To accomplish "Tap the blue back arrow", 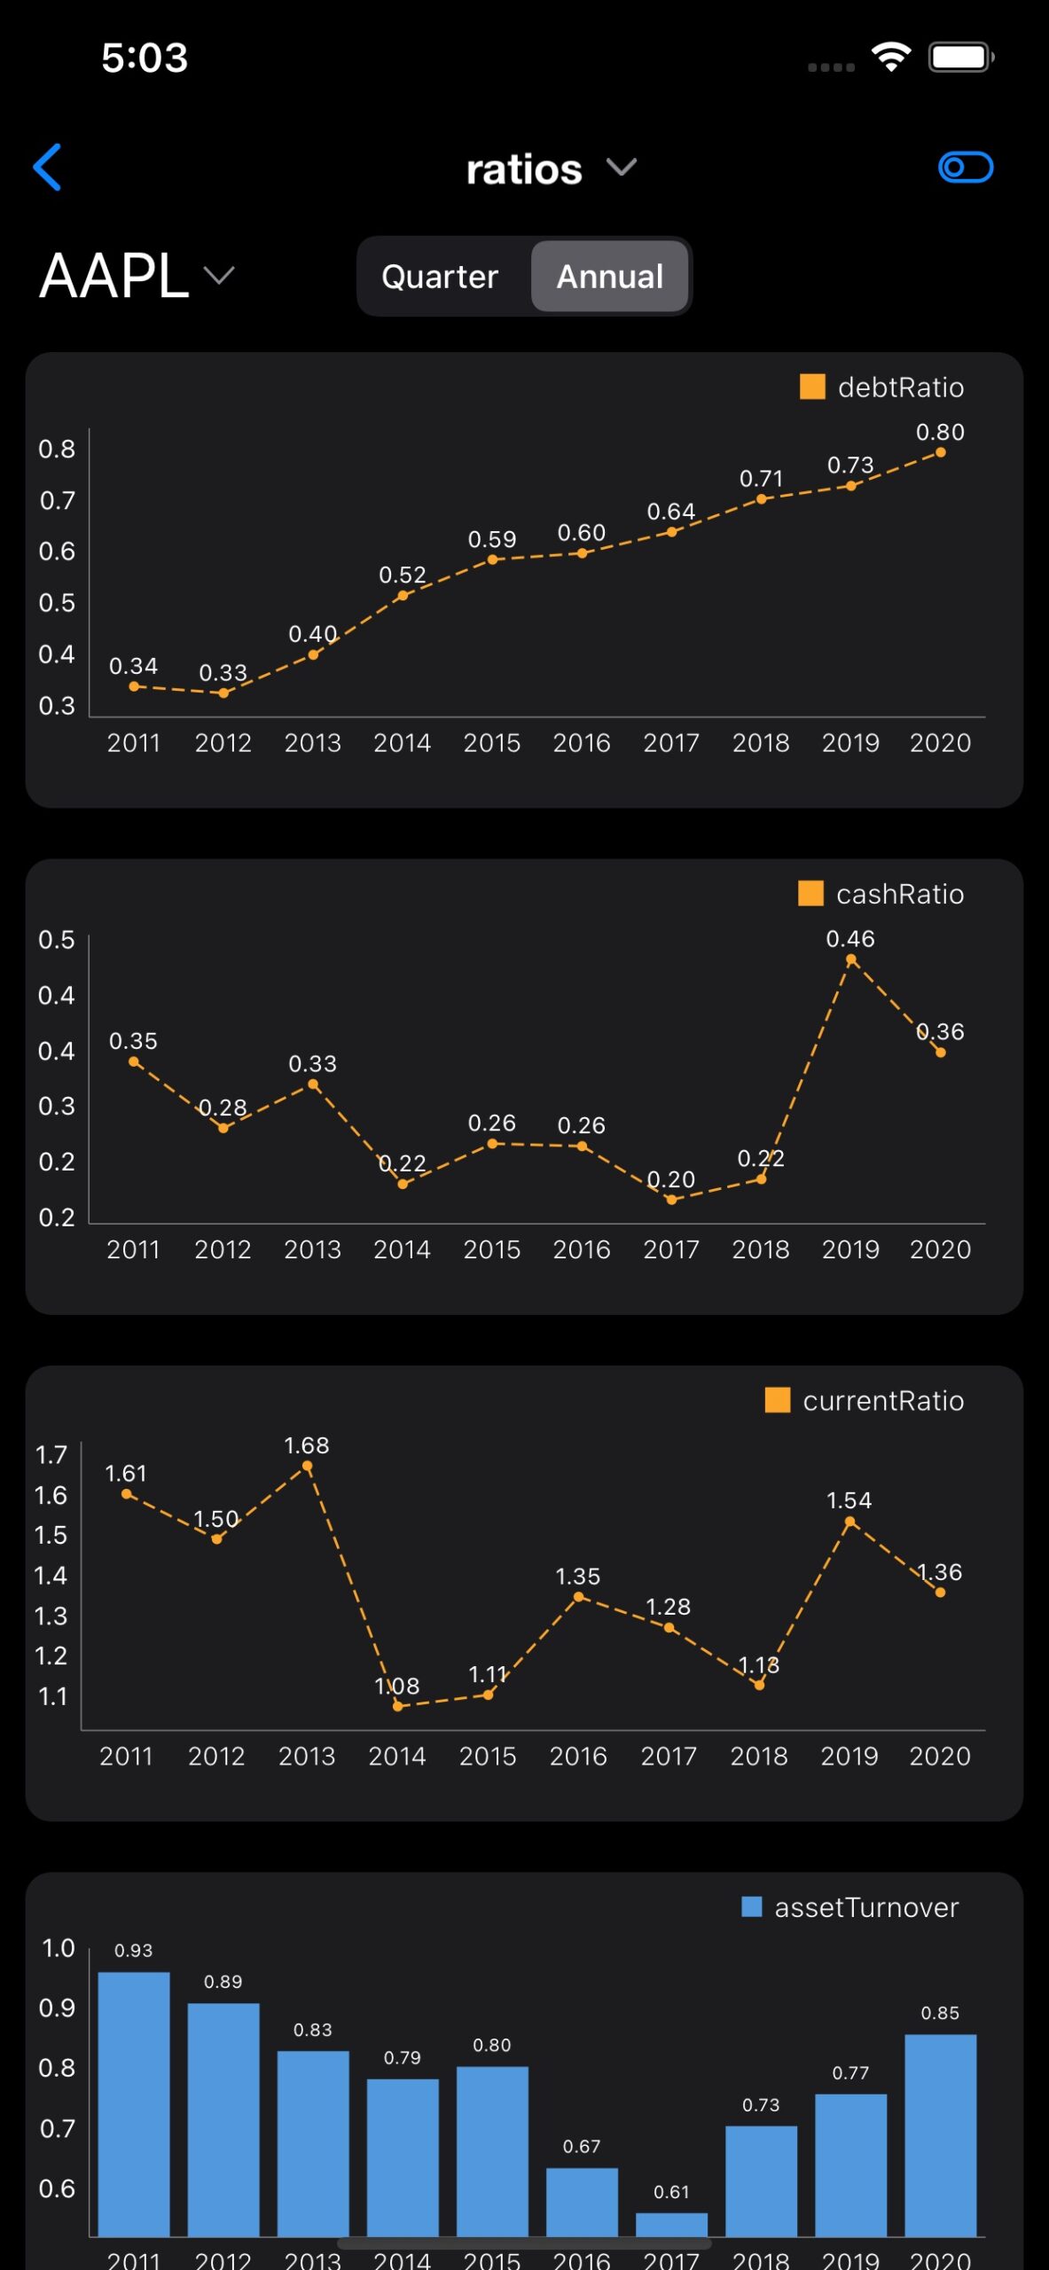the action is (x=47, y=167).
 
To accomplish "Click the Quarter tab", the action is (x=440, y=277).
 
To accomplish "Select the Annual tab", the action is (x=610, y=277).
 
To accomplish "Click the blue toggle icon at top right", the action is (x=966, y=167).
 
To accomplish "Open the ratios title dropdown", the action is (x=550, y=168).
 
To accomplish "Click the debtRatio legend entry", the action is (x=881, y=387).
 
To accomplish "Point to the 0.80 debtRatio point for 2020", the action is (x=941, y=452).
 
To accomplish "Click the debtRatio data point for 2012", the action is (x=223, y=693).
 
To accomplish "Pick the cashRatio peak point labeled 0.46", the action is (x=851, y=959).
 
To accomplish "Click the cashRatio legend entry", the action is (x=881, y=894).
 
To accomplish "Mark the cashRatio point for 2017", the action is (x=671, y=1200).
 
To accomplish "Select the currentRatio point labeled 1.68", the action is (x=307, y=1466).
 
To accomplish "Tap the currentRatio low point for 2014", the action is (x=397, y=1705).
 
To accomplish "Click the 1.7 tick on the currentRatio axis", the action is (x=51, y=1455).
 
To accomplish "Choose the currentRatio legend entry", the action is (x=865, y=1401).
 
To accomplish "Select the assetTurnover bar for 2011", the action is (x=134, y=2103).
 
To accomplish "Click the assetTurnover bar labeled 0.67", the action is (x=582, y=2202).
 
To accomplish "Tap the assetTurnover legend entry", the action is (x=850, y=1907).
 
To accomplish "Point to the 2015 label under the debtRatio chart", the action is (x=492, y=743).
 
